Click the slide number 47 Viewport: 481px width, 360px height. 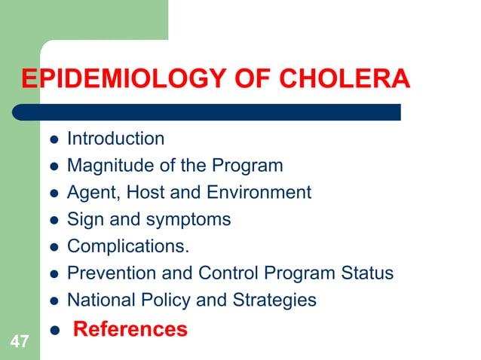click(20, 343)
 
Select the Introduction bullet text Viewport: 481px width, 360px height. click(115, 139)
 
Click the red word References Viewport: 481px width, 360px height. click(130, 329)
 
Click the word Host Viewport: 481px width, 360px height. click(145, 192)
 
